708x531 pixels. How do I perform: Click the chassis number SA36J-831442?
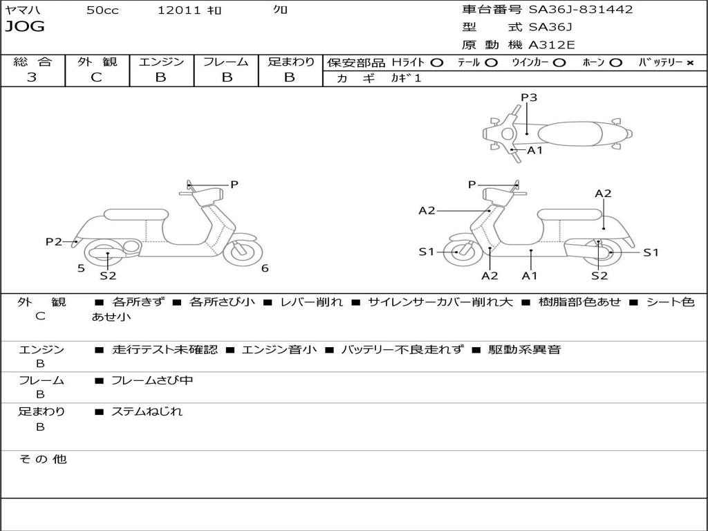[x=581, y=10]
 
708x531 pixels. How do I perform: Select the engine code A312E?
[x=551, y=46]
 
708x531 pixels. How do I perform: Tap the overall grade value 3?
[x=32, y=77]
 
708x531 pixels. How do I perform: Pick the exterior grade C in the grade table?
[x=96, y=77]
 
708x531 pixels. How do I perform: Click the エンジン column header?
[x=161, y=62]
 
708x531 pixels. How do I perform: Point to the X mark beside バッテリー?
[x=689, y=63]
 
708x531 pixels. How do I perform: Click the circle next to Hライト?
[x=437, y=63]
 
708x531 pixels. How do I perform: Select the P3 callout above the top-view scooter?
[x=529, y=97]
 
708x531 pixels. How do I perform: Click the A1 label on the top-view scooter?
[x=535, y=150]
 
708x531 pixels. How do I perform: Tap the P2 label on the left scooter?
[x=54, y=241]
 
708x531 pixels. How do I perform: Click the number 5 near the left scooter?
[x=81, y=268]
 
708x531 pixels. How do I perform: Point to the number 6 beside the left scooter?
[x=265, y=268]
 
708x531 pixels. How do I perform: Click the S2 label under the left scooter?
[x=108, y=277]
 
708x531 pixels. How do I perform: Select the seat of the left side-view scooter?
[x=135, y=214]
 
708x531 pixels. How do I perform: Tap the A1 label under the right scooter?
[x=530, y=276]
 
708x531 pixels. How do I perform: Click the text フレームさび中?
[x=152, y=380]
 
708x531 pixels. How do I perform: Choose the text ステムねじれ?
[x=147, y=411]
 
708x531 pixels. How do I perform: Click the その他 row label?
[x=42, y=459]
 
